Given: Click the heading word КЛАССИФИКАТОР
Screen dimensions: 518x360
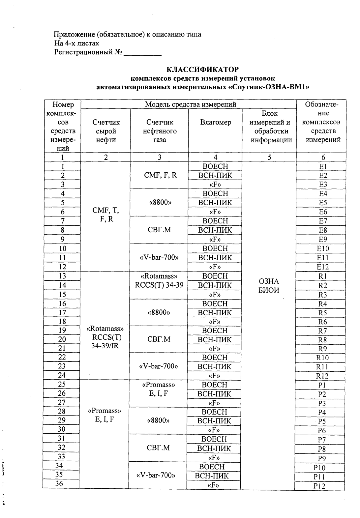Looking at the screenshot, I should click(x=202, y=70).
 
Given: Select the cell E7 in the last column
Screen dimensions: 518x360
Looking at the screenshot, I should click(x=323, y=221).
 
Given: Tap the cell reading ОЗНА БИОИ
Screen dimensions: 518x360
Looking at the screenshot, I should click(x=269, y=286).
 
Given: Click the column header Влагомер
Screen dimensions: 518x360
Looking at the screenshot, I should click(x=216, y=122).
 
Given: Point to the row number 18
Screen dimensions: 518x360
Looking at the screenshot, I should click(x=62, y=321).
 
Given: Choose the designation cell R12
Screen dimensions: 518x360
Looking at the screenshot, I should click(x=322, y=376).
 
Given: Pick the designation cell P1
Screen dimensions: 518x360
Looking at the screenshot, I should click(x=322, y=385).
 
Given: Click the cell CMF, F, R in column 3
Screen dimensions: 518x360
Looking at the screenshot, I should click(x=160, y=175).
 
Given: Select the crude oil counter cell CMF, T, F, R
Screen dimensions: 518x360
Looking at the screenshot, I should click(x=106, y=215).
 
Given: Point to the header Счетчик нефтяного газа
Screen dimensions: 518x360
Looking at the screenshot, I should click(x=160, y=131).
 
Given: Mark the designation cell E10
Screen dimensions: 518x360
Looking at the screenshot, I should click(x=323, y=248).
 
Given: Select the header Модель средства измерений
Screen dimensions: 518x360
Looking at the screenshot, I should click(x=190, y=104).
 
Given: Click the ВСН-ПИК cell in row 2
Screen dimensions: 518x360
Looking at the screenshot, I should click(x=215, y=176).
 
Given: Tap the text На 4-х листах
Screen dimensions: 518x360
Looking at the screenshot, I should click(x=76, y=43).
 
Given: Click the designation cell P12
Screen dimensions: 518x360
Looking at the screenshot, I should click(x=319, y=486).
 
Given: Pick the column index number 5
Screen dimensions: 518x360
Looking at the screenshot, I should click(x=269, y=157).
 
